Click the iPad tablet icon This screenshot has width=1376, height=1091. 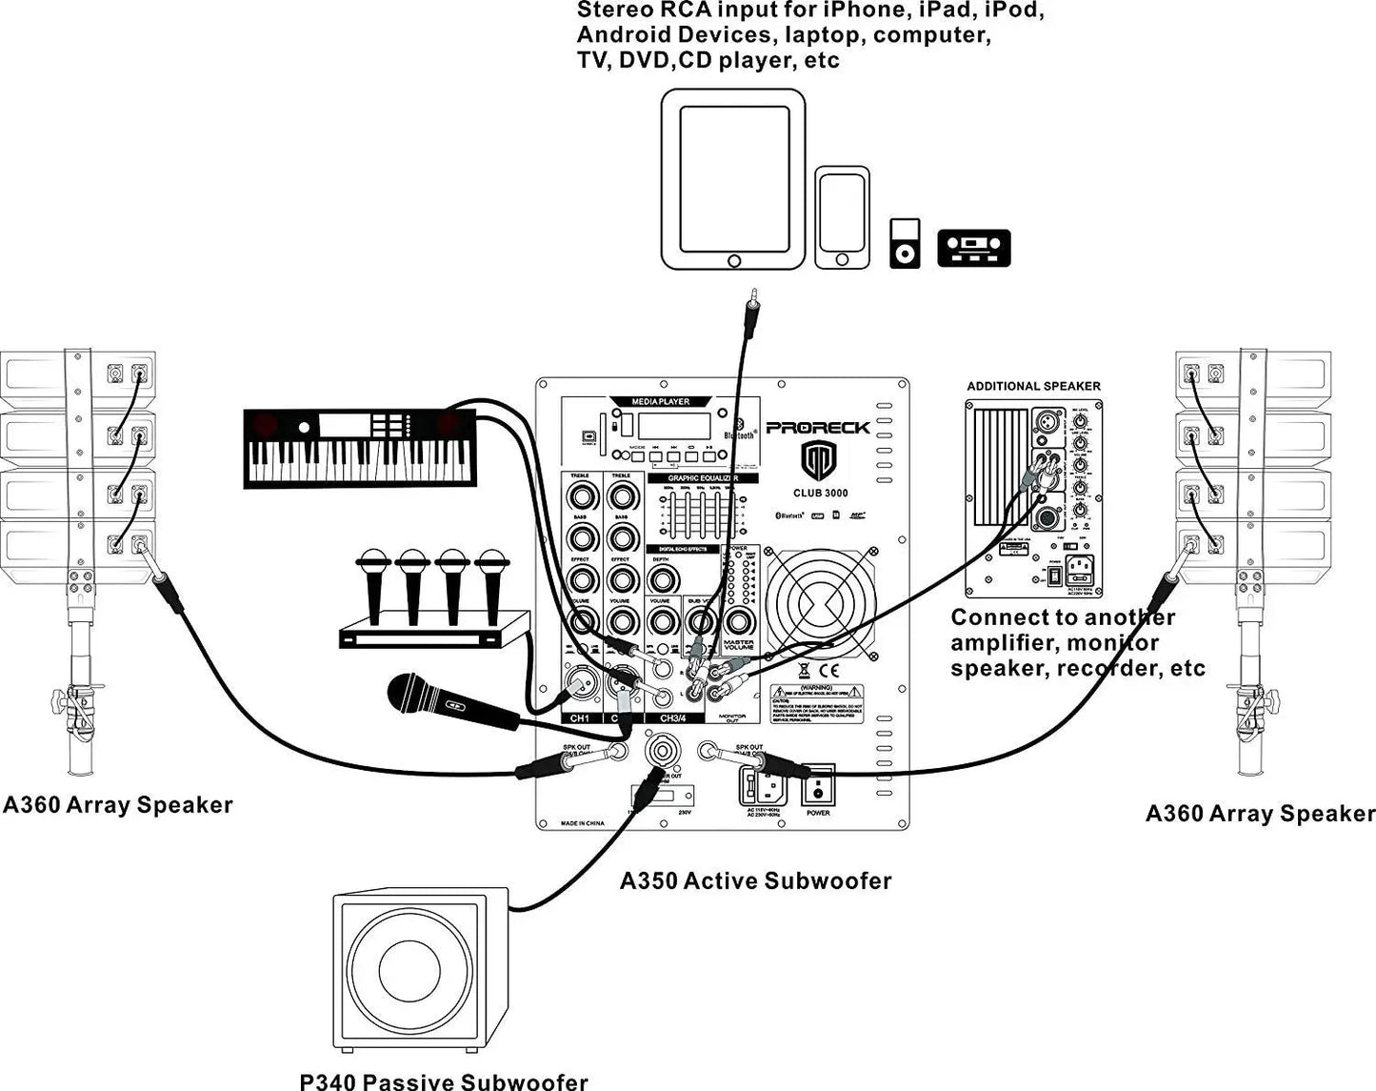pyautogui.click(x=733, y=179)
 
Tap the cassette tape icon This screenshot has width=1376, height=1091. pyautogui.click(x=973, y=248)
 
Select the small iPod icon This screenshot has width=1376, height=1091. pyautogui.click(x=905, y=243)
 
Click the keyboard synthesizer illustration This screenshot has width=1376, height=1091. pyautogui.click(x=360, y=448)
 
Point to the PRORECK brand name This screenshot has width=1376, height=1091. pyautogui.click(x=818, y=428)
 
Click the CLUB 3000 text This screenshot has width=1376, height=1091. pyautogui.click(x=820, y=493)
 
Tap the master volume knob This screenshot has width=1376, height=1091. pyautogui.click(x=737, y=621)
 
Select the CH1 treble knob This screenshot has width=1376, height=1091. pyautogui.click(x=581, y=495)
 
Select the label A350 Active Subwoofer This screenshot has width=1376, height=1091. pyautogui.click(x=755, y=880)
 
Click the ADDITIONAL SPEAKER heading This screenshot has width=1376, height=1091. pyautogui.click(x=1033, y=386)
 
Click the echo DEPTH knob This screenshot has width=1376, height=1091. pyautogui.click(x=664, y=578)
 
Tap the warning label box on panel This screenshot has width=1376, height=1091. pyautogui.click(x=816, y=703)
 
